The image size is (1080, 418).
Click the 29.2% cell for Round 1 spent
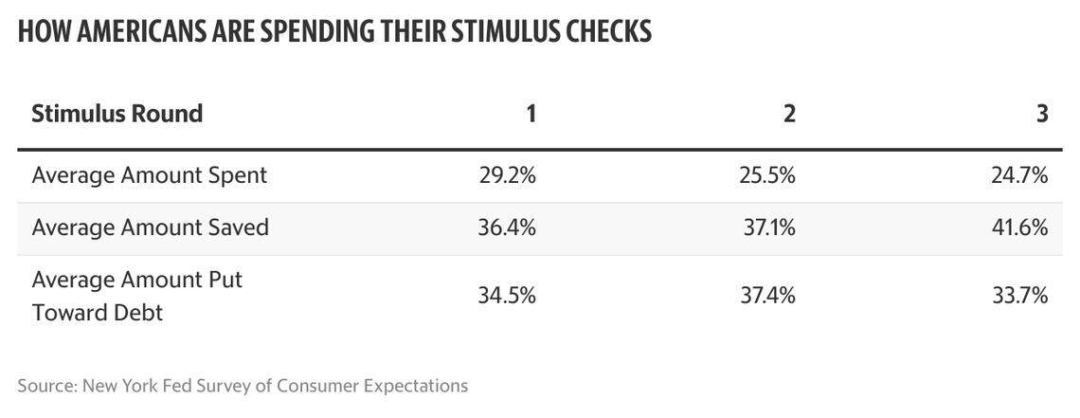(509, 175)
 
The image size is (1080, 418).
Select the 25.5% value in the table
(767, 175)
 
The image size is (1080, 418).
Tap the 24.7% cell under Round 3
(1019, 175)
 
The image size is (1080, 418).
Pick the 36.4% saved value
(509, 227)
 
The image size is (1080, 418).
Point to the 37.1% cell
(768, 227)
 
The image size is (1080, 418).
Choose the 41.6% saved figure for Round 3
(1019, 227)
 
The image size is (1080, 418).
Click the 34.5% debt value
(509, 296)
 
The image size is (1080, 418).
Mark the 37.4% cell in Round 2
(767, 296)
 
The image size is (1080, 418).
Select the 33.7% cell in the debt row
(1019, 296)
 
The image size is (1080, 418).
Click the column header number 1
(531, 114)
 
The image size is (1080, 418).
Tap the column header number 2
(789, 114)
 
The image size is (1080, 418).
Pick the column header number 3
(1042, 114)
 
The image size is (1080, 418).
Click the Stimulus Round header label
(117, 114)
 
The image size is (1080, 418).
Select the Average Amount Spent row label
(150, 175)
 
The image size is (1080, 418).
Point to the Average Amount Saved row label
(151, 227)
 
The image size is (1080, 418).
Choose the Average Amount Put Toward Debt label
(137, 296)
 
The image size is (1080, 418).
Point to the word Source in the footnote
(45, 386)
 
